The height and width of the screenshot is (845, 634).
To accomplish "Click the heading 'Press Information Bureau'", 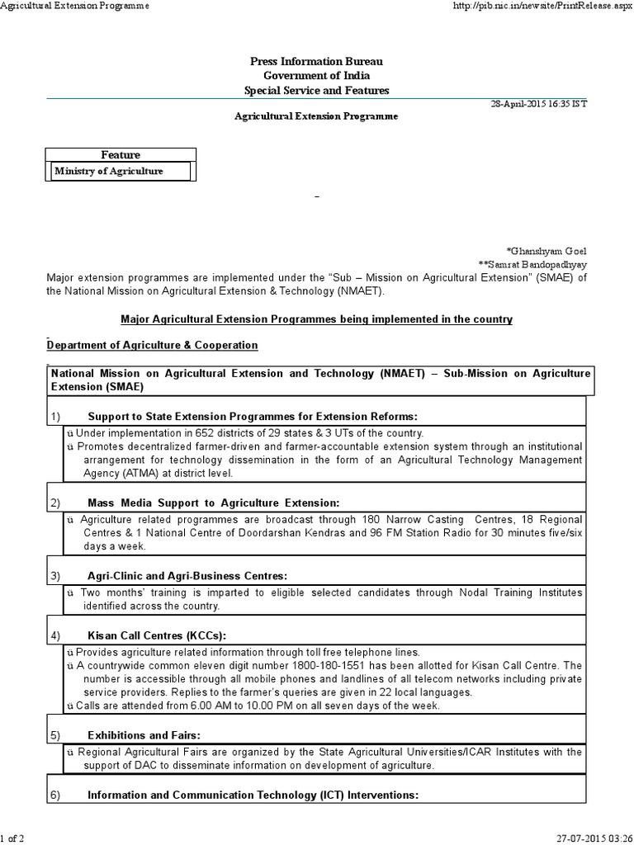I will tap(316, 63).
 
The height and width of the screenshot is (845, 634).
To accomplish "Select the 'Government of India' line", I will tap(316, 77).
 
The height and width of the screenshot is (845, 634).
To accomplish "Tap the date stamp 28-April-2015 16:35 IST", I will tap(539, 104).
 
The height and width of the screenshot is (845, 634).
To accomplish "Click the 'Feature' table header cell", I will tap(121, 155).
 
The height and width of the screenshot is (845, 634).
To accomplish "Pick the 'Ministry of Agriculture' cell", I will tap(108, 171).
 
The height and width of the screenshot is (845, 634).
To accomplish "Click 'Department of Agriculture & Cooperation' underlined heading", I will tap(153, 345).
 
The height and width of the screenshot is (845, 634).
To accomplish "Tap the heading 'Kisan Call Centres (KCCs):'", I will tap(156, 635).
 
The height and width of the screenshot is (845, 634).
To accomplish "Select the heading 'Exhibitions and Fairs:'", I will tap(144, 734).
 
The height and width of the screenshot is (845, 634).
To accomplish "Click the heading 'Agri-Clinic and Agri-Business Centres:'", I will tap(187, 575).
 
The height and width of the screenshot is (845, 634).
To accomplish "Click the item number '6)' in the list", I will tap(55, 795).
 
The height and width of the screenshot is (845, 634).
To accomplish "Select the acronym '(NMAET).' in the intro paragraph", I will tap(362, 291).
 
